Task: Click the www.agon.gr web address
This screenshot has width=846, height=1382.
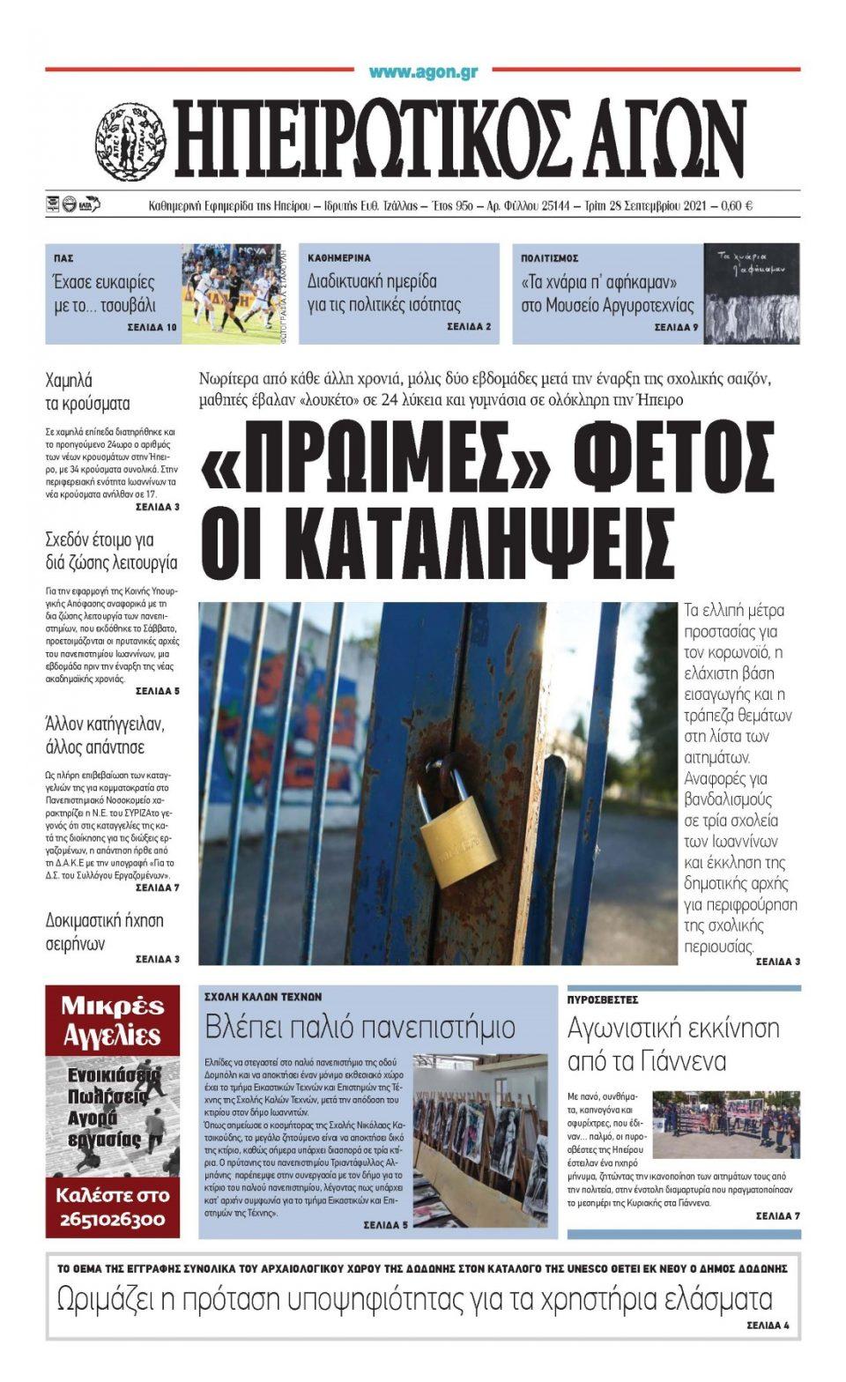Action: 423,72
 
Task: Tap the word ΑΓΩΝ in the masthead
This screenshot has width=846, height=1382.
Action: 652,138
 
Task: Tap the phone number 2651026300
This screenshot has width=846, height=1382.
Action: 112,1220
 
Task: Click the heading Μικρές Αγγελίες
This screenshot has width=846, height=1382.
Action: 112,1021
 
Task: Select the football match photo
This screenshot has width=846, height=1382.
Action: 232,293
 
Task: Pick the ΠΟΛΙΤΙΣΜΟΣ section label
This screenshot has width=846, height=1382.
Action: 549,258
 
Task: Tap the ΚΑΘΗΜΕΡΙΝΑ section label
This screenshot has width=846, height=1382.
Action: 339,258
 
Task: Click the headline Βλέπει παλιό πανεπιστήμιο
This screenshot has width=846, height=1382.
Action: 360,1027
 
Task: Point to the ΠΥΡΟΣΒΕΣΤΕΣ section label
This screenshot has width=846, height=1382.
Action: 603,1000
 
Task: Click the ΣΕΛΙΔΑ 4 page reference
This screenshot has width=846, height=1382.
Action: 768,1325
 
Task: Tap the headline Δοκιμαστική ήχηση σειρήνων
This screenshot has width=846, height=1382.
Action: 104,932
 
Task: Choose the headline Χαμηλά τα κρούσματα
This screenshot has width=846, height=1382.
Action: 87,392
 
